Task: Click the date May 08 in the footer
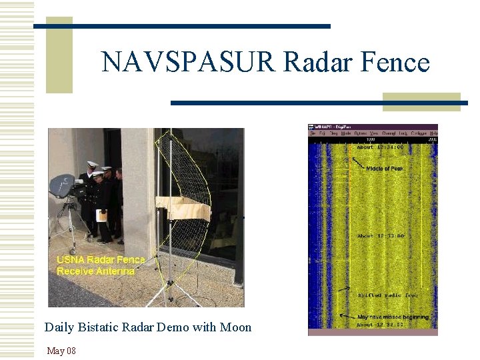click(61, 351)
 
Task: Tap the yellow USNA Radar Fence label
click(101, 260)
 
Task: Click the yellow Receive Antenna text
click(95, 271)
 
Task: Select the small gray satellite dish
click(61, 186)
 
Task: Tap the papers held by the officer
click(101, 215)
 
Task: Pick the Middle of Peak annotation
click(385, 169)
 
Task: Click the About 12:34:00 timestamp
click(381, 147)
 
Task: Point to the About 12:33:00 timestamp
click(381, 236)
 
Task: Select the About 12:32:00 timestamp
click(381, 325)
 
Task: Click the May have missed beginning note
click(393, 317)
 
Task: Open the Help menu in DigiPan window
click(433, 133)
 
